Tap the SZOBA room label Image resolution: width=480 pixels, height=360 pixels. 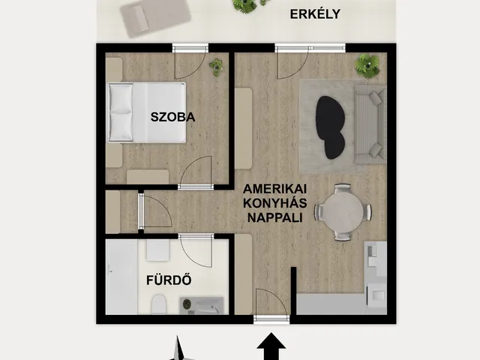pos(172,117)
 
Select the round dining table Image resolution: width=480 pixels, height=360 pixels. pos(343,212)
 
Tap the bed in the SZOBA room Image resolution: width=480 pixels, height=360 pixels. pos(147,112)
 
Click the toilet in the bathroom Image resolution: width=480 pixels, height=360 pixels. pos(157,304)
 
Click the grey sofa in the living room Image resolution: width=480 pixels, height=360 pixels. pos(368,121)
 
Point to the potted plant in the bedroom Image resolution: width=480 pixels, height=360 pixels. pos(216,65)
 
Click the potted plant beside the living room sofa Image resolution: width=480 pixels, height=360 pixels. pos(367,65)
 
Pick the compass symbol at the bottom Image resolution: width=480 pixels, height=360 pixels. pos(178,349)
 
